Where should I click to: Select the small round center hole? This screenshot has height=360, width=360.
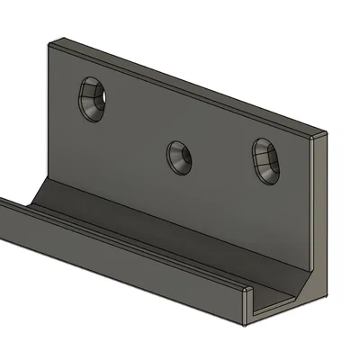[179, 157]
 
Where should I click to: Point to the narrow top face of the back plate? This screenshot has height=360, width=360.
[180, 83]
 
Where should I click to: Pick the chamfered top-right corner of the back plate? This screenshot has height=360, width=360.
[319, 136]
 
